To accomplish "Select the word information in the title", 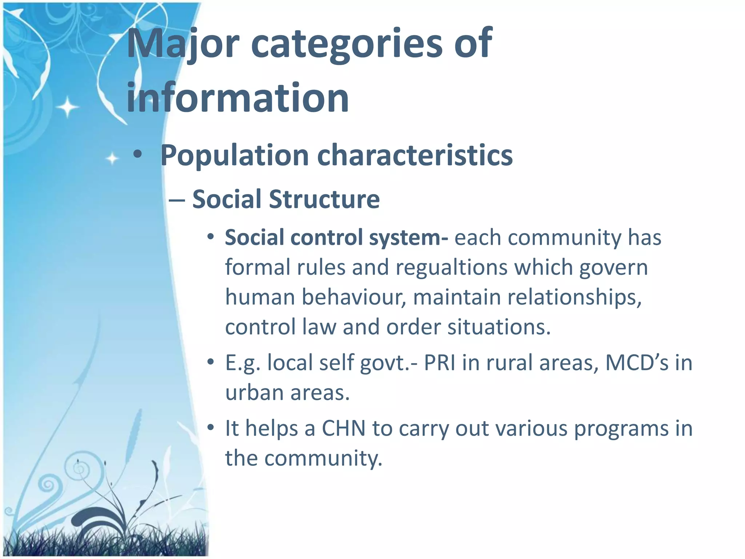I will [238, 98].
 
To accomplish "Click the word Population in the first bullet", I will [235, 155].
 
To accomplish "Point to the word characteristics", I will [415, 155].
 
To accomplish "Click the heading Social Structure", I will [286, 199].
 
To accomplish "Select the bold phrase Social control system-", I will [336, 238].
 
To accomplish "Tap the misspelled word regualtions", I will [451, 267].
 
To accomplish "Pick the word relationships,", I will [574, 297].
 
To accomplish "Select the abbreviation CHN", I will [344, 428].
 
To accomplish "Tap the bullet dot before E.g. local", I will [210, 363].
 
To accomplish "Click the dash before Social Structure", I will [177, 200].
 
